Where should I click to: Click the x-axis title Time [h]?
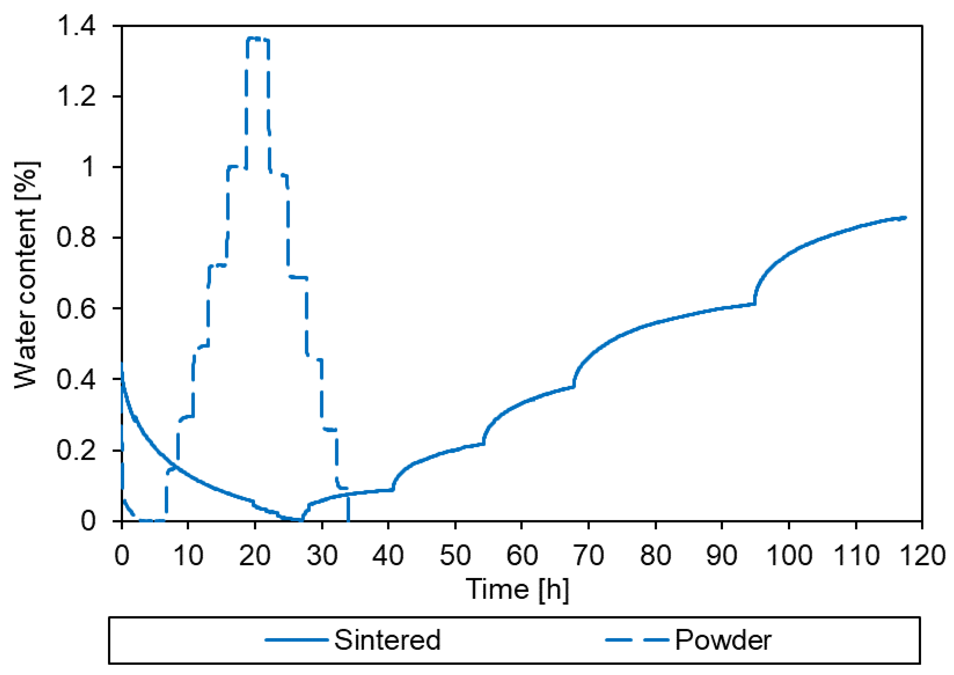pyautogui.click(x=517, y=589)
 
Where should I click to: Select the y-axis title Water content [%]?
pyautogui.click(x=27, y=274)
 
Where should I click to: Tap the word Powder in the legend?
pyautogui.click(x=723, y=640)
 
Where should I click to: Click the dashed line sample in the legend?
pyautogui.click(x=636, y=640)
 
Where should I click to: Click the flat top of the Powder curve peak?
pyautogui.click(x=258, y=38)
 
